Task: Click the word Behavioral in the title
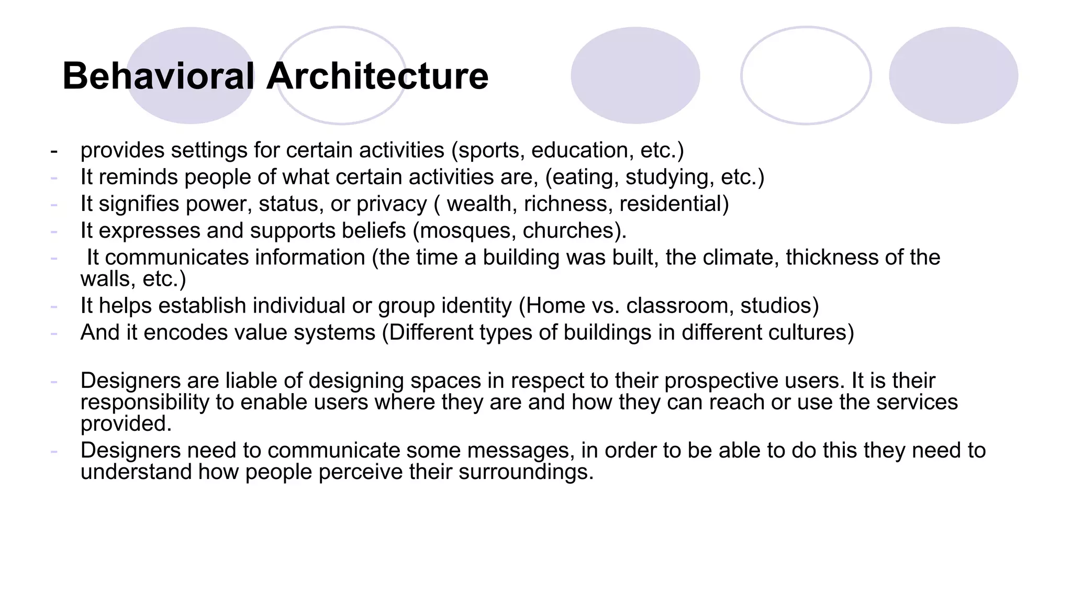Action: point(158,76)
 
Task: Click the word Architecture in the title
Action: point(377,76)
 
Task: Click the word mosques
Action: point(467,231)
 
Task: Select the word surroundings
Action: point(526,472)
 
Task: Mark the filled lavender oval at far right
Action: point(953,75)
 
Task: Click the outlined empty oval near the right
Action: point(806,75)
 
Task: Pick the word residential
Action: point(673,204)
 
